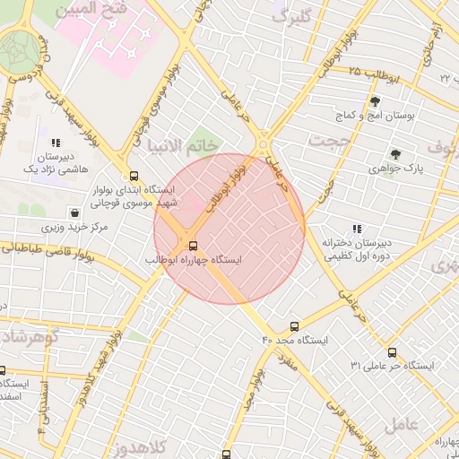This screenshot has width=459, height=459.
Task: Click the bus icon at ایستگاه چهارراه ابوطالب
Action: pyautogui.click(x=193, y=246)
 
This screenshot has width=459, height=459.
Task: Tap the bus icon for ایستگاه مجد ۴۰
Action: pyautogui.click(x=294, y=327)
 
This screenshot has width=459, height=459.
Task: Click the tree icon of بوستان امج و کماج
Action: pyautogui.click(x=375, y=101)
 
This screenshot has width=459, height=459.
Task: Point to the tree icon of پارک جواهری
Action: pyautogui.click(x=395, y=154)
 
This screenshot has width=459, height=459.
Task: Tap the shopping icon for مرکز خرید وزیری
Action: pyautogui.click(x=74, y=214)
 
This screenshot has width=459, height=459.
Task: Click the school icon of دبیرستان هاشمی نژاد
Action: pyautogui.click(x=56, y=142)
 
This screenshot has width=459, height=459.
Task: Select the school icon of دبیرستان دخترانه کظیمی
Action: pyautogui.click(x=357, y=229)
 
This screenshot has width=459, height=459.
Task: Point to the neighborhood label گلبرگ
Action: pyautogui.click(x=295, y=16)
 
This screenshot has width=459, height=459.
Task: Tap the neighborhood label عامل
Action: pyautogui.click(x=404, y=426)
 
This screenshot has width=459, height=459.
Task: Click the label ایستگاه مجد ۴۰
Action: pyautogui.click(x=295, y=342)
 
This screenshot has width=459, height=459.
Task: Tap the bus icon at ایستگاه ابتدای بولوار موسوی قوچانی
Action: pyautogui.click(x=134, y=177)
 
